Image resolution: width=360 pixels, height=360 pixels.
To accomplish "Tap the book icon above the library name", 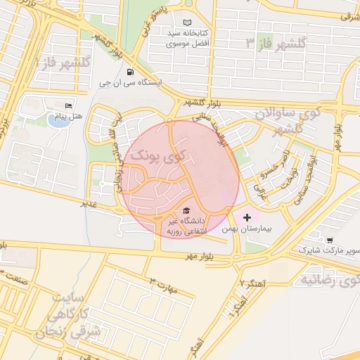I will (x=186, y=23).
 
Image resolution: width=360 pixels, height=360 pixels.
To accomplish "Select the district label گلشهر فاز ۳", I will (x=276, y=44).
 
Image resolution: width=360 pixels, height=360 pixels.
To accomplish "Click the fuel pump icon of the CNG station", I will (x=130, y=72).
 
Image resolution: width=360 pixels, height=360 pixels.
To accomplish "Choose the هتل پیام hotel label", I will (x=69, y=115).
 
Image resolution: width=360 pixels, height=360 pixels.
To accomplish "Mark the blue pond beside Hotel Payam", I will (x=55, y=120).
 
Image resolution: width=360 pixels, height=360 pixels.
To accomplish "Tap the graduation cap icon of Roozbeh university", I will (x=186, y=210).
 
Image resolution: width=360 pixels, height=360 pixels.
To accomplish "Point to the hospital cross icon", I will (x=246, y=218).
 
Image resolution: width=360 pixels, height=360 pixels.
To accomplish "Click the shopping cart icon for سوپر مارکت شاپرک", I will (x=330, y=240).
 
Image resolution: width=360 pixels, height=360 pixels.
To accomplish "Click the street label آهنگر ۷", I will (x=251, y=282).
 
